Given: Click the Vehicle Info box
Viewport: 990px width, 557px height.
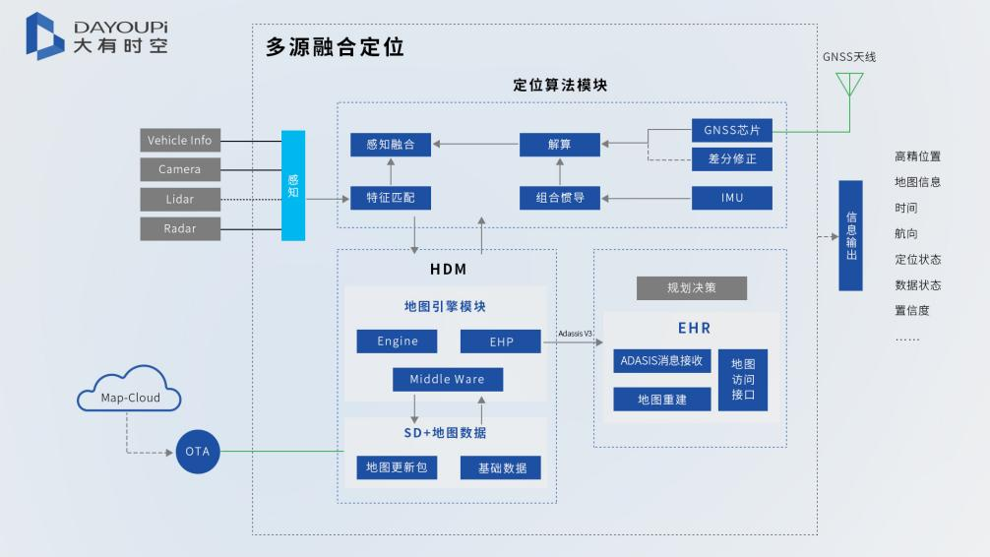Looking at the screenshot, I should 179,141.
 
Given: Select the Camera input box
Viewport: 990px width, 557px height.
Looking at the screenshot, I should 179,169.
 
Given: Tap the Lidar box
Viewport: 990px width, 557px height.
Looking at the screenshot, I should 179,199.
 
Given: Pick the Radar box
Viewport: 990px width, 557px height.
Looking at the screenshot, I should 179,228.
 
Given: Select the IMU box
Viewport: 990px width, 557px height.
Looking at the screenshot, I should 731,198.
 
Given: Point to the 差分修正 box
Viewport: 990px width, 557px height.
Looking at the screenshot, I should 731,158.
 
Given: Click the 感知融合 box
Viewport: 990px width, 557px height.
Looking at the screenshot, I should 391,145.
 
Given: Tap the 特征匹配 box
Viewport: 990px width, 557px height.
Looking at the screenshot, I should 391,198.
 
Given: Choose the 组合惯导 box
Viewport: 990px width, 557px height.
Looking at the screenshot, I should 559,198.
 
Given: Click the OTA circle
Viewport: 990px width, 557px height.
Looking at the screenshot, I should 199,452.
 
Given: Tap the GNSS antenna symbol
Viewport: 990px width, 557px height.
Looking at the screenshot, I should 848,84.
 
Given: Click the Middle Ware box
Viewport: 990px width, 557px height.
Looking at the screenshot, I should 447,379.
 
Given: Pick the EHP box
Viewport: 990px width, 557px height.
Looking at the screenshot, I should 501,341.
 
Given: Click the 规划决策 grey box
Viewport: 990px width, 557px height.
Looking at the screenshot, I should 692,288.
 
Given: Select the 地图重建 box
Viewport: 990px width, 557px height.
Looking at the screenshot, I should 661,400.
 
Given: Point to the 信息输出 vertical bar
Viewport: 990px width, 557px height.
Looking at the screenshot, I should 850,235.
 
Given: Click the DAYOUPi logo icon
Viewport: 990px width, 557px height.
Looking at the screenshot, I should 44,35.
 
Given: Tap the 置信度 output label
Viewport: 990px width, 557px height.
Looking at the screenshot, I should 911,311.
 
